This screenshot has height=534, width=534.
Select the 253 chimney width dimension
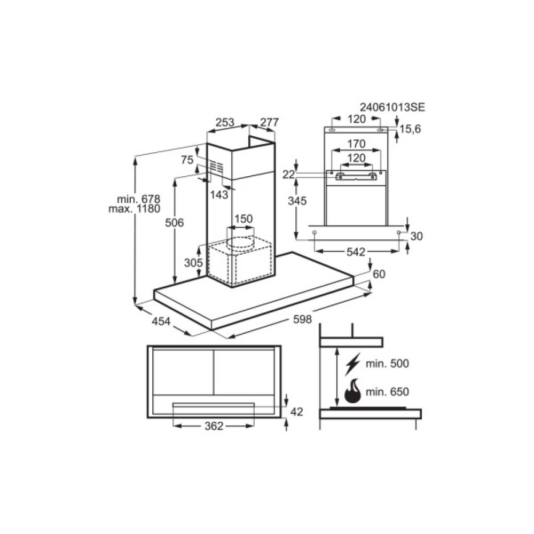tap(225, 122)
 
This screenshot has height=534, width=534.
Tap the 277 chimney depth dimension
tap(269, 122)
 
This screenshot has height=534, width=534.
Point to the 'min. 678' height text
tap(135, 199)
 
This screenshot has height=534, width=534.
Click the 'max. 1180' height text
tap(134, 209)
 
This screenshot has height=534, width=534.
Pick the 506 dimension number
tap(174, 223)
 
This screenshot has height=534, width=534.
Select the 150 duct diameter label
tap(243, 219)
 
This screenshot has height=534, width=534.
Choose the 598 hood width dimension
tap(302, 319)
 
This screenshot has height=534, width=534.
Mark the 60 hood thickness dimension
tap(379, 274)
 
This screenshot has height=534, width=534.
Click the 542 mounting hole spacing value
tap(356, 252)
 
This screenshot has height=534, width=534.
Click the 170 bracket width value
tap(356, 144)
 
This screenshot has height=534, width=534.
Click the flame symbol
tap(353, 392)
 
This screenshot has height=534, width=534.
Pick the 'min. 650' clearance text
tap(388, 392)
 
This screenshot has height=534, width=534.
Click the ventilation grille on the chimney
tap(215, 167)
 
